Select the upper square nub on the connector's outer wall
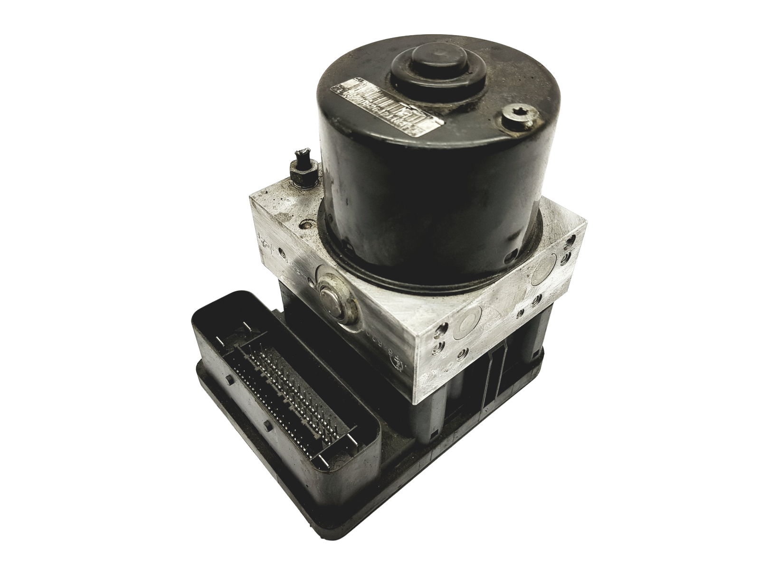pyautogui.click(x=229, y=380)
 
